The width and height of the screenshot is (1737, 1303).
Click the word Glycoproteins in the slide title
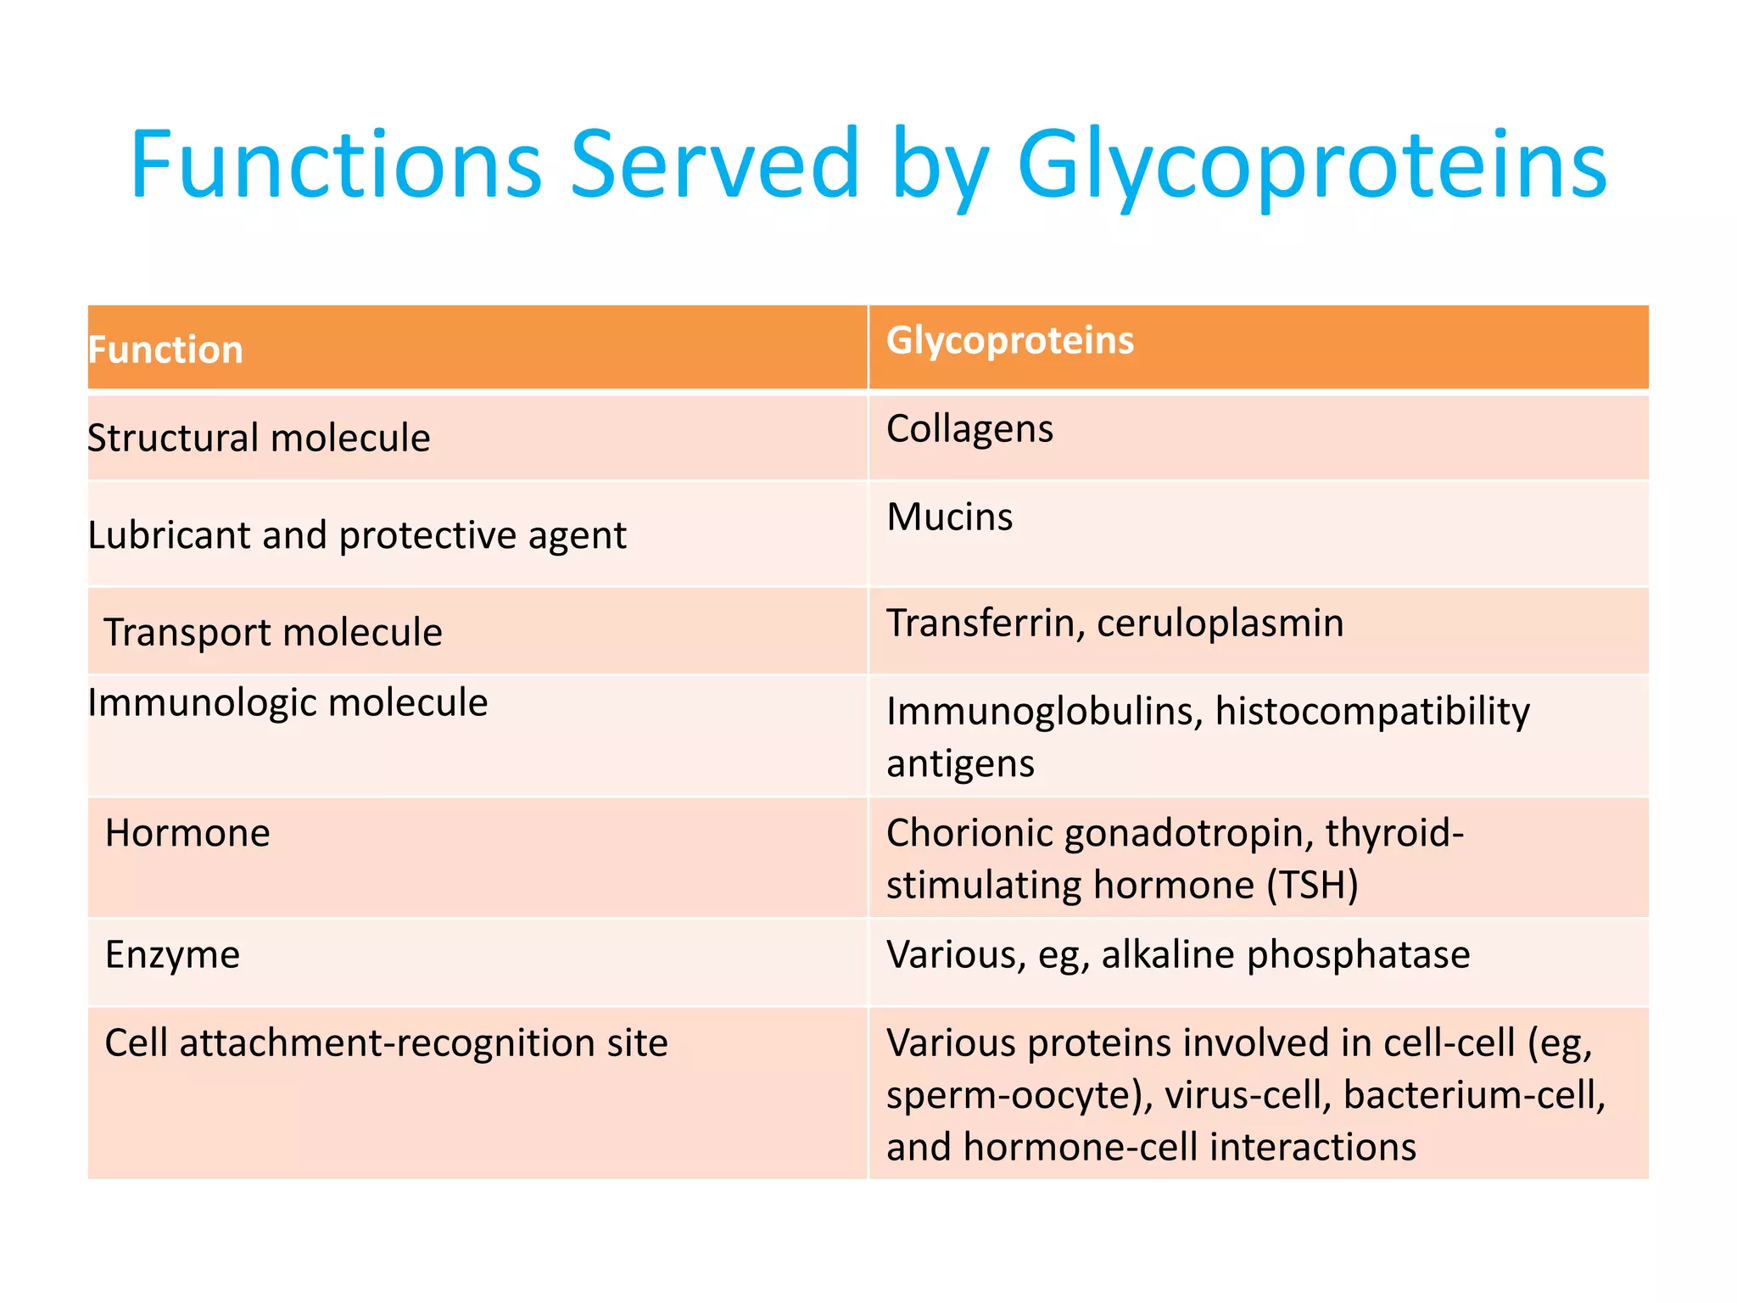point(1310,165)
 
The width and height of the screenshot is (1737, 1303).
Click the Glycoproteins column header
point(1009,341)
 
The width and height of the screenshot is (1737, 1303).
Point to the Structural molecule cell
point(260,439)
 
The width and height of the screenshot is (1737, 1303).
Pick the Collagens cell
point(969,429)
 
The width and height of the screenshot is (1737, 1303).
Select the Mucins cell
point(949,517)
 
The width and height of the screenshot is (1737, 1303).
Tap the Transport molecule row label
point(272,633)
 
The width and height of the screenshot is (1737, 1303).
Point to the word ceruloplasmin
point(1220,624)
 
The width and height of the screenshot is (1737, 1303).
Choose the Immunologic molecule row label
point(288,703)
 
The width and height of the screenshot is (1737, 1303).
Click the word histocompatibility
point(1372,712)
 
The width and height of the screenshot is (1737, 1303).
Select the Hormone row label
point(187,833)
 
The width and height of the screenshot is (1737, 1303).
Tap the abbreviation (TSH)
point(1312,886)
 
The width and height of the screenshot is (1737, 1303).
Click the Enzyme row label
point(172,955)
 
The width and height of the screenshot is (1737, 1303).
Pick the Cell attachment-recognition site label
point(386,1043)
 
